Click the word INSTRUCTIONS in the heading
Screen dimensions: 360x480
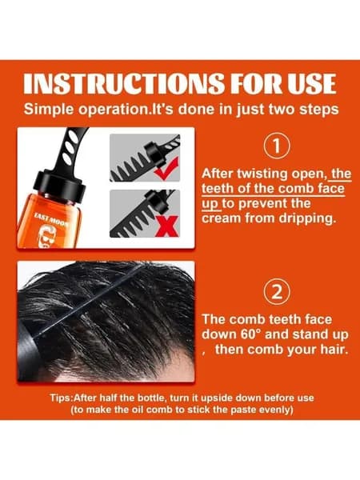[x=123, y=83]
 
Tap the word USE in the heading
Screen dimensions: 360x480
[x=312, y=83]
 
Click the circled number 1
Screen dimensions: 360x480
[x=277, y=146]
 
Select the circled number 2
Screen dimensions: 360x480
[x=277, y=292]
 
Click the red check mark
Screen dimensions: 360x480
[x=167, y=168]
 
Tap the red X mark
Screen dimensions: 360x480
[x=167, y=226]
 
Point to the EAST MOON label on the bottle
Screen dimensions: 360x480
[x=50, y=220]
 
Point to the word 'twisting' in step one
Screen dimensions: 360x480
[x=263, y=174]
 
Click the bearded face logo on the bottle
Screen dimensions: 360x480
[x=48, y=237]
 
